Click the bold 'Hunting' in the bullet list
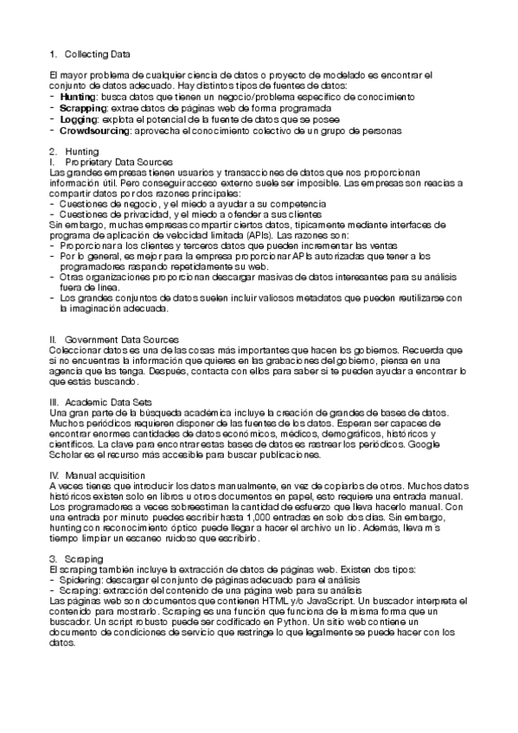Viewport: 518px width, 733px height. click(x=78, y=98)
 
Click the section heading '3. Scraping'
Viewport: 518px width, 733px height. click(x=78, y=560)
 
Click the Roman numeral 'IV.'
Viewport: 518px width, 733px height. click(x=56, y=475)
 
